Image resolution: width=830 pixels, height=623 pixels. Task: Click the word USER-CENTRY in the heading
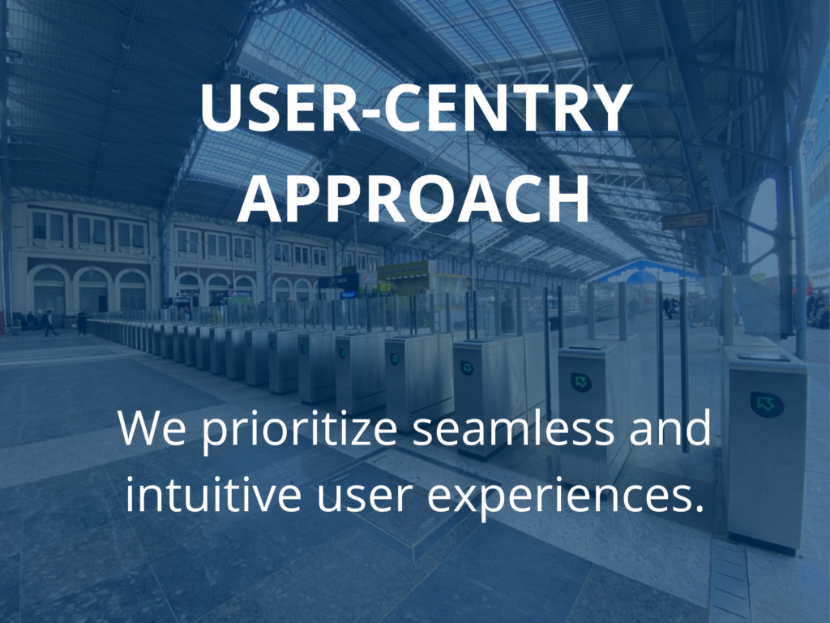tap(416, 108)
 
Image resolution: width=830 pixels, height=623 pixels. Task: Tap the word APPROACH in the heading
tap(413, 198)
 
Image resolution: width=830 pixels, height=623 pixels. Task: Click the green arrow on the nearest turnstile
tap(766, 404)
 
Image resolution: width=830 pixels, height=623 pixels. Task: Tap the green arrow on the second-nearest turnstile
tap(581, 381)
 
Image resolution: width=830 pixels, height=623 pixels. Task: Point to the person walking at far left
tap(49, 323)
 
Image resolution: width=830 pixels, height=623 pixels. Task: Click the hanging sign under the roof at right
tap(686, 221)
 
